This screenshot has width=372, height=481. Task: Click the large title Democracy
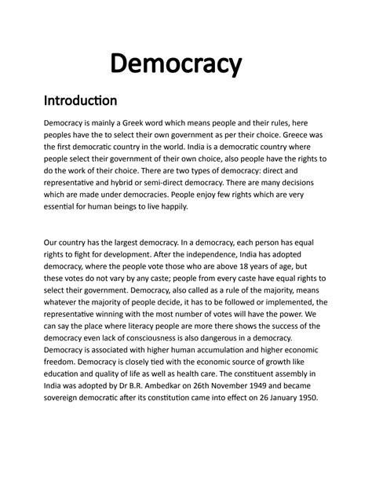[185, 62]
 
